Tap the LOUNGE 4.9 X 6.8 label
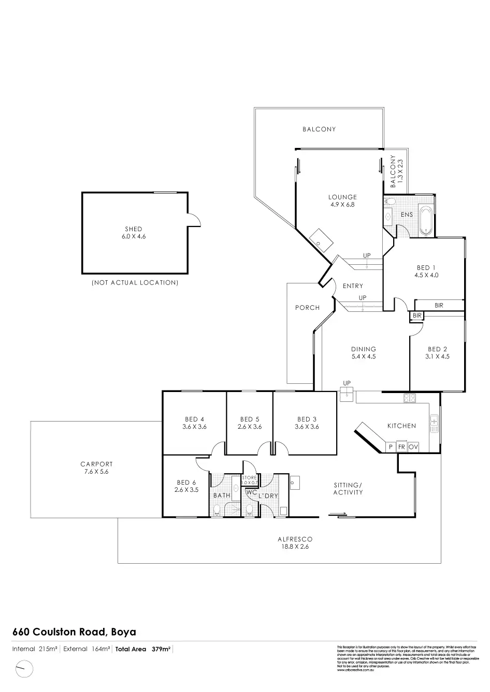342,201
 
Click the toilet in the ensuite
390,201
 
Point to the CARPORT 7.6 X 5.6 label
96,468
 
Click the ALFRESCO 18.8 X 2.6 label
295,543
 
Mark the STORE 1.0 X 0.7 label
249,480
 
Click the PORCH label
307,308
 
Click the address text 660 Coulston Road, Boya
74,632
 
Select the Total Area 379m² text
143,649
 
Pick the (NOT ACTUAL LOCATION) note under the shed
135,283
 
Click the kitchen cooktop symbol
410,398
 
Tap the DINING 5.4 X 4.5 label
363,353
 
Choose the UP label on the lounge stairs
367,255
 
